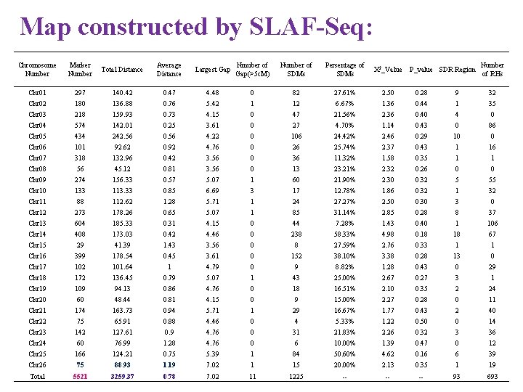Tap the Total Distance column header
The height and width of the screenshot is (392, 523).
[x=122, y=70]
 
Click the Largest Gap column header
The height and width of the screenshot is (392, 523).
[x=213, y=70]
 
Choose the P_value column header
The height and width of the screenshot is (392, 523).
[x=421, y=70]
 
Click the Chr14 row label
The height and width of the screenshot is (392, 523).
[x=37, y=234]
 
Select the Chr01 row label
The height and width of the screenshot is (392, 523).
[x=37, y=93]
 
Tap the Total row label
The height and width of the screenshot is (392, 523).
[x=37, y=376]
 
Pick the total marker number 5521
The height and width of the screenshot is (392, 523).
[x=80, y=376]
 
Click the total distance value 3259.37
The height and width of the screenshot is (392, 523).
[x=122, y=376]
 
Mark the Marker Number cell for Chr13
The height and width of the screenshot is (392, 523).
[x=80, y=224]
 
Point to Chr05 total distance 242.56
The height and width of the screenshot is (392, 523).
[x=122, y=136]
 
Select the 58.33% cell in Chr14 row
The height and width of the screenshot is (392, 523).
[x=344, y=234]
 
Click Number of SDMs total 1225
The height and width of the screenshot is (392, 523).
[x=296, y=376]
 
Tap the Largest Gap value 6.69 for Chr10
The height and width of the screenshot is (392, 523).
[x=213, y=191]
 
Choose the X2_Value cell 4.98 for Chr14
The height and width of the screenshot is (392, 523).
[x=388, y=234]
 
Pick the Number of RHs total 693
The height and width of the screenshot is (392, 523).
[x=492, y=376]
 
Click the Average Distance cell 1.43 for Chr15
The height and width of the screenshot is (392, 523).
[x=169, y=245]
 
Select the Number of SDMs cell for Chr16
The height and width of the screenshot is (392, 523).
[x=296, y=256]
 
